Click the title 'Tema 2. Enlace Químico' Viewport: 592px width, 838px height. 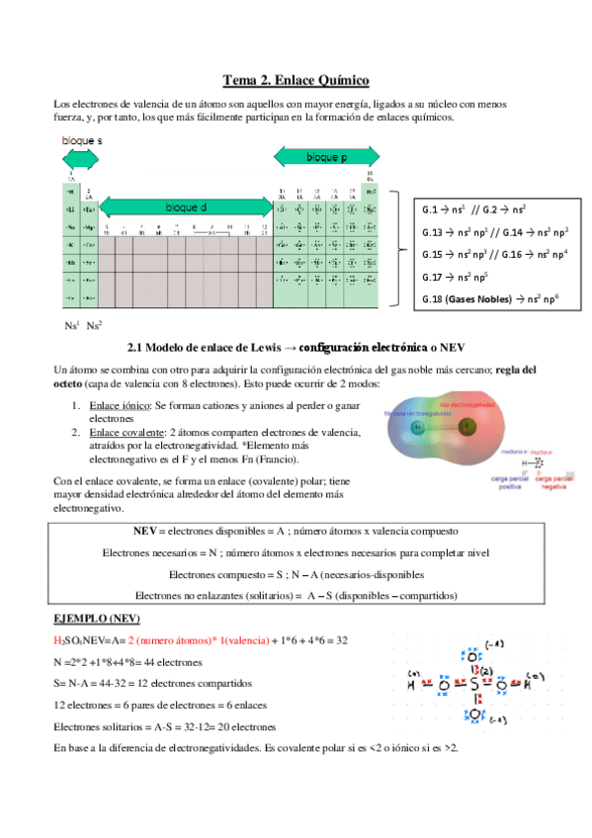click(296, 80)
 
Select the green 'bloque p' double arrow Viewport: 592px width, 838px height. click(325, 157)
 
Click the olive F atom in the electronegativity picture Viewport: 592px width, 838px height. click(465, 428)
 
